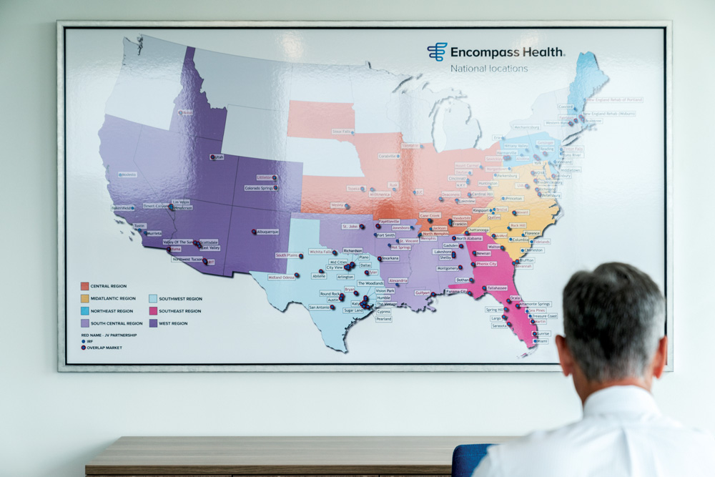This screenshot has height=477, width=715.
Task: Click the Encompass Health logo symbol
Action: point(437,51)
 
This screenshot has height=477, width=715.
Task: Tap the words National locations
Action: point(489,69)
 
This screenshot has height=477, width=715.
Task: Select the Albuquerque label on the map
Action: point(267,232)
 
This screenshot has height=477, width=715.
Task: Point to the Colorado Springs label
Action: point(260,188)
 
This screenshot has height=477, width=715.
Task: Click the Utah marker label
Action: point(217,157)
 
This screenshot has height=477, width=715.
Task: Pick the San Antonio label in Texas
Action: point(320,307)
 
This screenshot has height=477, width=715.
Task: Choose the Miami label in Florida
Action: point(542,341)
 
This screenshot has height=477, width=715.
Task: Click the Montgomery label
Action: point(448,268)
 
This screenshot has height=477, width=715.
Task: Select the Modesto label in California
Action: point(129,174)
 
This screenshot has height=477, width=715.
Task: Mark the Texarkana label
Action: point(390,258)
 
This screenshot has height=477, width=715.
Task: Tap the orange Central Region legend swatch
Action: point(84,286)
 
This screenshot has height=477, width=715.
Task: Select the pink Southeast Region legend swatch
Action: point(153,311)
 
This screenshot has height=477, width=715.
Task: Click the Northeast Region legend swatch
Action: point(84,311)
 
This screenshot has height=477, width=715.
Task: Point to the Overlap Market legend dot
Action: point(84,348)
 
